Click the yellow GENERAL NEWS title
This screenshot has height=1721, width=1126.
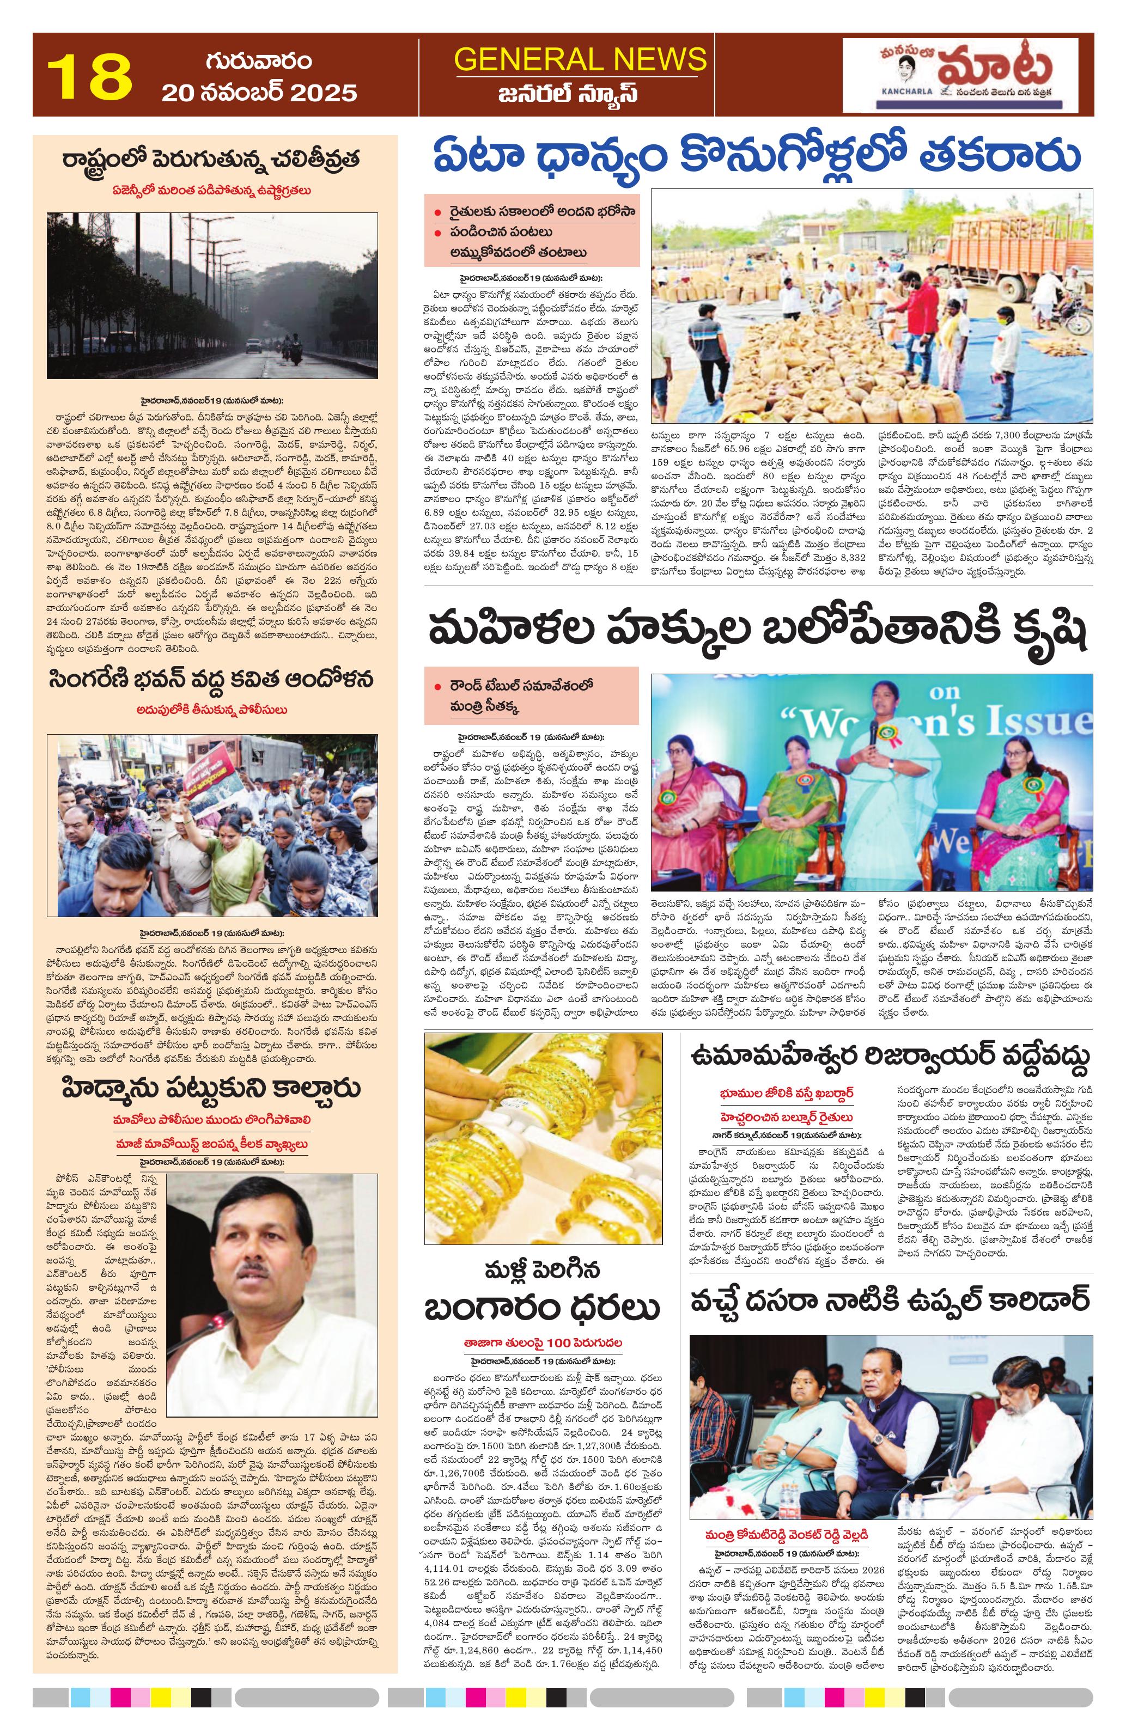580,59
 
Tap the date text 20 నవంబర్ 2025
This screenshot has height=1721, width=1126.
259,93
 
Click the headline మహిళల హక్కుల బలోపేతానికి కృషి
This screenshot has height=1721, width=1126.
757,631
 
